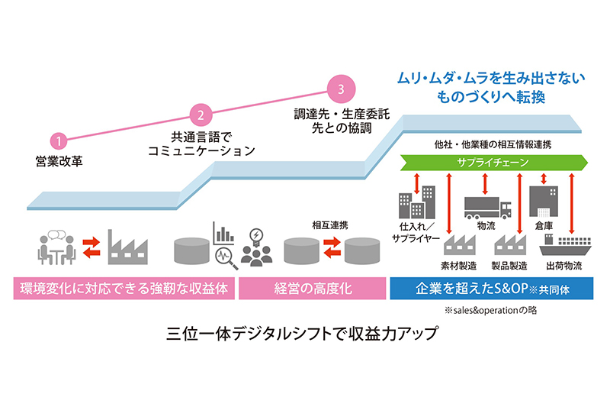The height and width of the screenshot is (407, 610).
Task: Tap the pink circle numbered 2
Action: pyautogui.click(x=200, y=115)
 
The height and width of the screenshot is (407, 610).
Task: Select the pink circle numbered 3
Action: pyautogui.click(x=341, y=88)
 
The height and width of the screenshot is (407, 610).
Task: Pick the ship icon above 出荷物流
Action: pyautogui.click(x=565, y=247)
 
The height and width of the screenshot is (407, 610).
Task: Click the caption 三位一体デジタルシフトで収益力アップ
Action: pyautogui.click(x=305, y=335)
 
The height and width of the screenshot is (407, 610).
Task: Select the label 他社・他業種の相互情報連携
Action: pyautogui.click(x=493, y=144)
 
